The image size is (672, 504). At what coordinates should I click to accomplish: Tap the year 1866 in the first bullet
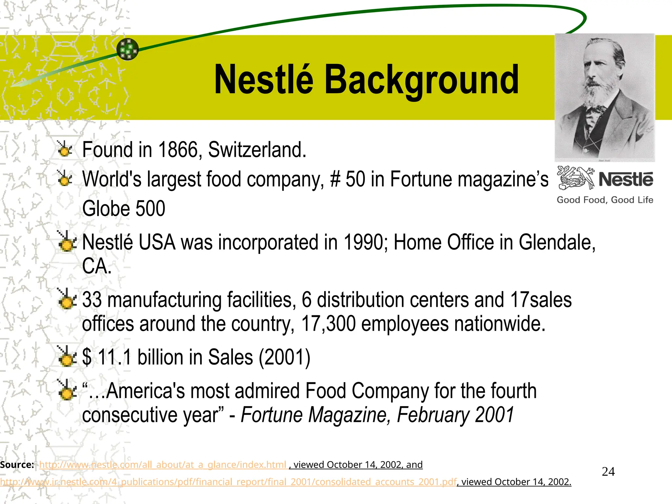coord(178,150)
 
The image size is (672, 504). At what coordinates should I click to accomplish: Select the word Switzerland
coord(257,150)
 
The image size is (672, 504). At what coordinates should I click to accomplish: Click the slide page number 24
coord(608,472)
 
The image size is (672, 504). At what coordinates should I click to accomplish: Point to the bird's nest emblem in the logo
coord(575,178)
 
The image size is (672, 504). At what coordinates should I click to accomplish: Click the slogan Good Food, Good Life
coord(605,200)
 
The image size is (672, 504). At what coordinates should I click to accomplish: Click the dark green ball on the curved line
coord(128,49)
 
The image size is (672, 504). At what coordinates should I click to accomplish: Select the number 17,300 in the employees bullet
coord(328,324)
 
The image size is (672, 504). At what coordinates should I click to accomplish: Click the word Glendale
coord(557,242)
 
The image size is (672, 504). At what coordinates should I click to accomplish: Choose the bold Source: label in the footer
coord(17,465)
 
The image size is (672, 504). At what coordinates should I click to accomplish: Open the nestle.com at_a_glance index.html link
coord(163,465)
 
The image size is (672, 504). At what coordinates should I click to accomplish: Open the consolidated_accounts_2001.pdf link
coord(228,482)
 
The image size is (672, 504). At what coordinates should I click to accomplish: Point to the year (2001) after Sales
coord(284,357)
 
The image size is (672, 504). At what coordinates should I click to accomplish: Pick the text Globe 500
coord(124,208)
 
